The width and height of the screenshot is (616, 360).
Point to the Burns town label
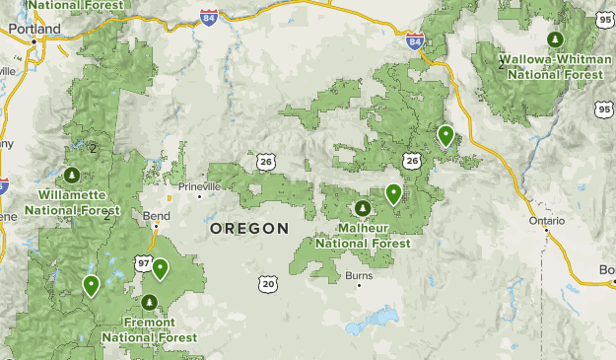[359, 276]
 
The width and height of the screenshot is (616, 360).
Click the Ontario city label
[547, 221]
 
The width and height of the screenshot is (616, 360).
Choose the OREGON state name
[249, 229]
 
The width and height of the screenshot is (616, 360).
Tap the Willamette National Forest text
[72, 202]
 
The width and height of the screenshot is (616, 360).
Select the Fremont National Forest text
[150, 329]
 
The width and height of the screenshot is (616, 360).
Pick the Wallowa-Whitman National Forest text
[555, 66]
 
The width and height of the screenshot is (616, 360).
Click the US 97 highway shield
[144, 263]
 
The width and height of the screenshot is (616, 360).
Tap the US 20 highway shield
[268, 284]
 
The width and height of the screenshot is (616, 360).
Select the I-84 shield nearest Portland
[209, 44]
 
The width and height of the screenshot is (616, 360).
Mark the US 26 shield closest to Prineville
[266, 160]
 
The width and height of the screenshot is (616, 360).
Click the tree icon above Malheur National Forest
[363, 209]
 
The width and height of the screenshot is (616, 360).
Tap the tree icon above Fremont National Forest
[150, 302]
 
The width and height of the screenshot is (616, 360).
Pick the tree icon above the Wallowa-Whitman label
[556, 39]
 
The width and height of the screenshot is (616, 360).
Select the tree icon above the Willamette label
[71, 176]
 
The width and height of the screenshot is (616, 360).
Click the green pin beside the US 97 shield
[160, 268]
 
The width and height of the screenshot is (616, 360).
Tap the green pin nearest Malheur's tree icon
[393, 193]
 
